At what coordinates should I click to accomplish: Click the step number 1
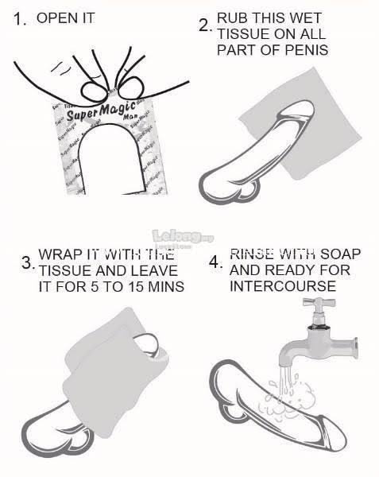20,19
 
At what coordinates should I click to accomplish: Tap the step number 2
205,25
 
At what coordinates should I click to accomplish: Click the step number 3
29,263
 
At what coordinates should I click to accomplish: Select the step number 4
215,262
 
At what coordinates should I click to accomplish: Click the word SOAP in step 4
340,254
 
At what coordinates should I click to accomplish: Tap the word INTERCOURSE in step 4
283,286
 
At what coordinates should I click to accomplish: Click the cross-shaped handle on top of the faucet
319,302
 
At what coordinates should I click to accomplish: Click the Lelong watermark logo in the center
183,236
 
